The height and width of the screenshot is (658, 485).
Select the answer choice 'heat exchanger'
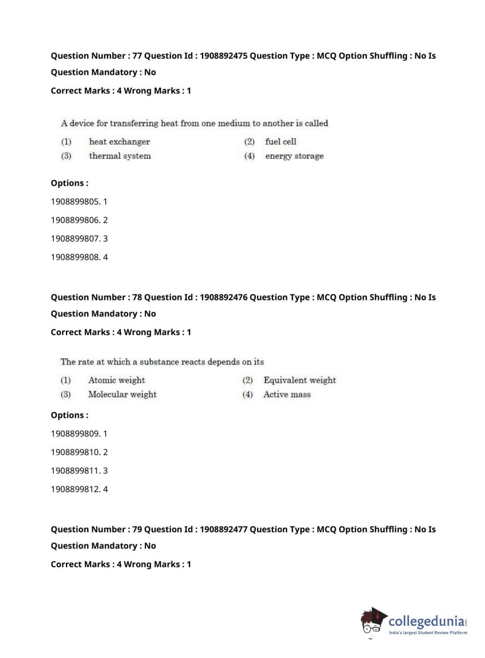(x=119, y=142)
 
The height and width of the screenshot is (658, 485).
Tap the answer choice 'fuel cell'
(x=281, y=142)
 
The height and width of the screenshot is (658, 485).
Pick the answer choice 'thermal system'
(x=120, y=156)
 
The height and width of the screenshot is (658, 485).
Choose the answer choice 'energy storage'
(x=294, y=156)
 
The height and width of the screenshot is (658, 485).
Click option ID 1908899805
(x=75, y=201)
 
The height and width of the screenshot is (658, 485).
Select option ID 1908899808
(x=75, y=257)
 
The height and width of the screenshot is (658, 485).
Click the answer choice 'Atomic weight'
(x=116, y=380)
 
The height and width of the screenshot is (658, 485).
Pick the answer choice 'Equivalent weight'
(x=299, y=380)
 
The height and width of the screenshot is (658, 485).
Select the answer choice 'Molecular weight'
(x=122, y=395)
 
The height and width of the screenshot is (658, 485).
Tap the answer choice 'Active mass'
(x=287, y=395)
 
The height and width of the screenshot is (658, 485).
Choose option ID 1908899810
(x=75, y=452)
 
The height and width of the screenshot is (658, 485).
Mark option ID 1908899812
(x=75, y=489)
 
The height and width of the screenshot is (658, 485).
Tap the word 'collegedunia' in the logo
(x=426, y=621)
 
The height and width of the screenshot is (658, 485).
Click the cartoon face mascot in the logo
(x=373, y=622)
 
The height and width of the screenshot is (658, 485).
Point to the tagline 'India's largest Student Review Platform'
(x=428, y=633)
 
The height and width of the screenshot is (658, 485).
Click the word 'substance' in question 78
(x=159, y=362)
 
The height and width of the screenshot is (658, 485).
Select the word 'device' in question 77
(x=82, y=123)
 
